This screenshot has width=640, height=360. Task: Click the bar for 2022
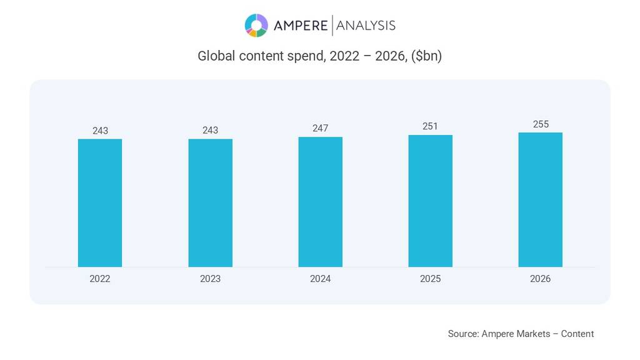pyautogui.click(x=100, y=202)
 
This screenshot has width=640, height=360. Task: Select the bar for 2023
pyautogui.click(x=210, y=202)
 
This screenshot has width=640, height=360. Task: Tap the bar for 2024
pyautogui.click(x=320, y=201)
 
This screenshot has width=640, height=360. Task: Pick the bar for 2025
pyautogui.click(x=430, y=200)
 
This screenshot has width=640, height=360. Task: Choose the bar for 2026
pyautogui.click(x=540, y=199)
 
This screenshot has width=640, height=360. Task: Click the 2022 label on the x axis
pyautogui.click(x=100, y=279)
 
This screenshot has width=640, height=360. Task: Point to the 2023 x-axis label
pyautogui.click(x=210, y=279)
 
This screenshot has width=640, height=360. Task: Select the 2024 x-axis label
pyautogui.click(x=320, y=279)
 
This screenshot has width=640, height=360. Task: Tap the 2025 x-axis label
pyautogui.click(x=430, y=279)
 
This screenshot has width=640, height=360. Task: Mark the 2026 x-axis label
pyautogui.click(x=540, y=279)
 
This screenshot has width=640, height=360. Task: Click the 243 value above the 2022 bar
pyautogui.click(x=100, y=131)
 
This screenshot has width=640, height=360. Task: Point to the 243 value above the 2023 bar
pyautogui.click(x=210, y=131)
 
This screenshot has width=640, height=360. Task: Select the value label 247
pyautogui.click(x=320, y=128)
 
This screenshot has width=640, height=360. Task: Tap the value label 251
pyautogui.click(x=430, y=126)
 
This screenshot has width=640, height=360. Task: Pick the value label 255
pyautogui.click(x=541, y=124)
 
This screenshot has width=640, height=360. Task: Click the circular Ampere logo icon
pyautogui.click(x=256, y=26)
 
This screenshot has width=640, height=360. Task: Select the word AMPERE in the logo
pyautogui.click(x=301, y=26)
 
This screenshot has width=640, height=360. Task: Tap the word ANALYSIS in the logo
pyautogui.click(x=366, y=26)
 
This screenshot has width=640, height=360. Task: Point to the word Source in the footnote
pyautogui.click(x=462, y=334)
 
